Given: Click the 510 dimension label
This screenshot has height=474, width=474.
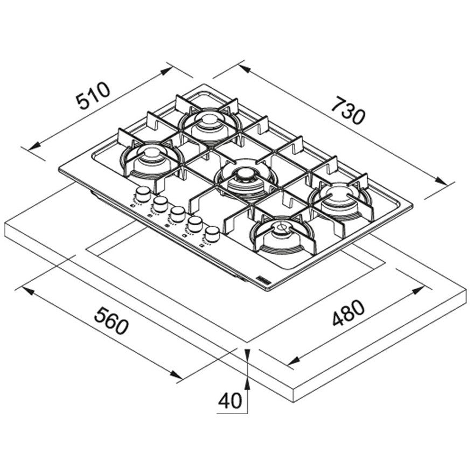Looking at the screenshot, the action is click(93, 95).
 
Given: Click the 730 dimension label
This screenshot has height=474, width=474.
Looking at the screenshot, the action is click(348, 110).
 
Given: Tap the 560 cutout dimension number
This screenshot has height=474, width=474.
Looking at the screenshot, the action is click(111, 320).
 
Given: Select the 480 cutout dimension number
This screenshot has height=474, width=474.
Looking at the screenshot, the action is click(348, 313).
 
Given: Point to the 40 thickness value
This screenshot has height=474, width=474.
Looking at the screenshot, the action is click(230, 401).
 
